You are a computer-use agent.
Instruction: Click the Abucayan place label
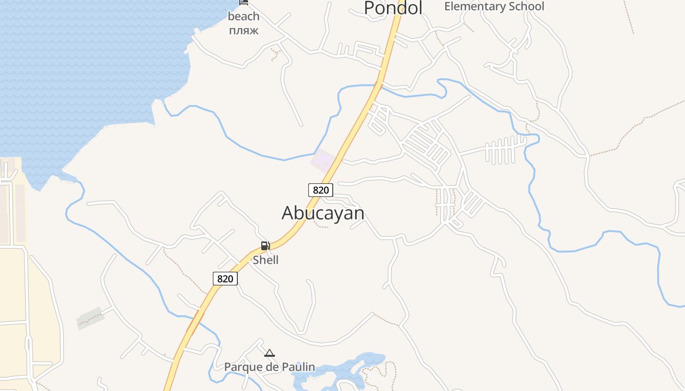tap(323, 213)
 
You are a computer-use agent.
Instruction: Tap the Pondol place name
tap(393, 8)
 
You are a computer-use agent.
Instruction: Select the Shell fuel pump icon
tap(265, 245)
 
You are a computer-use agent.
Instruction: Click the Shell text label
tap(266, 260)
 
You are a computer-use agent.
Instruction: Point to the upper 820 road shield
tap(320, 190)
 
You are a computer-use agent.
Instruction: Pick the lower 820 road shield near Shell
tap(225, 279)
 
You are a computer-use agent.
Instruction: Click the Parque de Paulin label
tap(270, 367)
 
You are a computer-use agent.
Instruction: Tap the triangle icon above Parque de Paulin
tap(270, 353)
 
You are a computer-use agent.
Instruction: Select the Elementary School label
tap(494, 6)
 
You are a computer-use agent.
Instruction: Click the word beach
tap(243, 17)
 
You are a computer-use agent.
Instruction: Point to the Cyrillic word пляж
tap(243, 30)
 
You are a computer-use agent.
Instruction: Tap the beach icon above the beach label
tap(243, 2)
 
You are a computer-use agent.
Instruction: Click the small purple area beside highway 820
tap(323, 160)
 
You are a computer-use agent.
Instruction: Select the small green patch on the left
tap(91, 318)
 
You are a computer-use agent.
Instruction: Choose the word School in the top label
tap(526, 6)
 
